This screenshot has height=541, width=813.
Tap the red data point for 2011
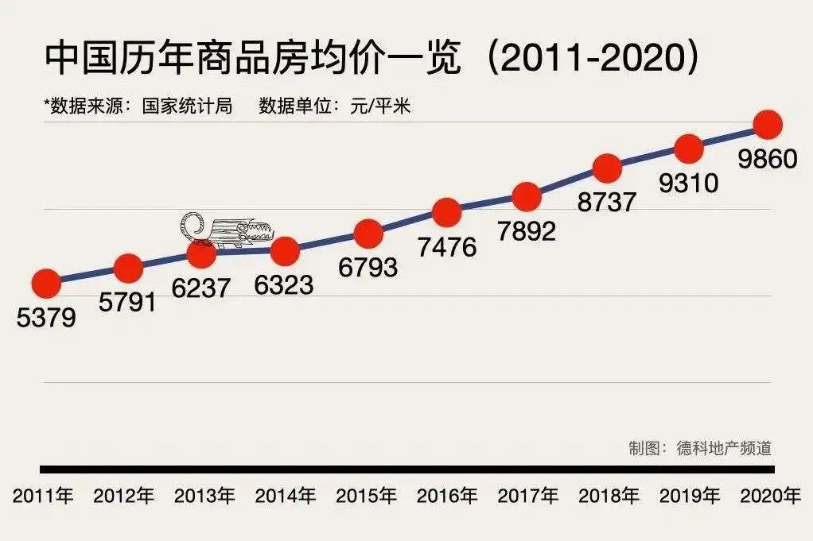45,282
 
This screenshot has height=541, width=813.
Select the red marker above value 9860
768,125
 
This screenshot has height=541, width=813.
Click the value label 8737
607,202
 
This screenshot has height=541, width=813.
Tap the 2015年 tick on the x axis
366,497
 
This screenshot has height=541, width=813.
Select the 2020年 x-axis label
770,497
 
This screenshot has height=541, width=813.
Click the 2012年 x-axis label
123,497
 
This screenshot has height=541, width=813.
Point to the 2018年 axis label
609,497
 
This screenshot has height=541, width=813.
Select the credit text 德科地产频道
724,448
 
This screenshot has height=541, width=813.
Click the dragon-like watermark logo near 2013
227,229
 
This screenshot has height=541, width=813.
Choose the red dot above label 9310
688,148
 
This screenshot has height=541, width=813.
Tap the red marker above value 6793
368,234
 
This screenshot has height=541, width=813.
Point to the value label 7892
526,230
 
